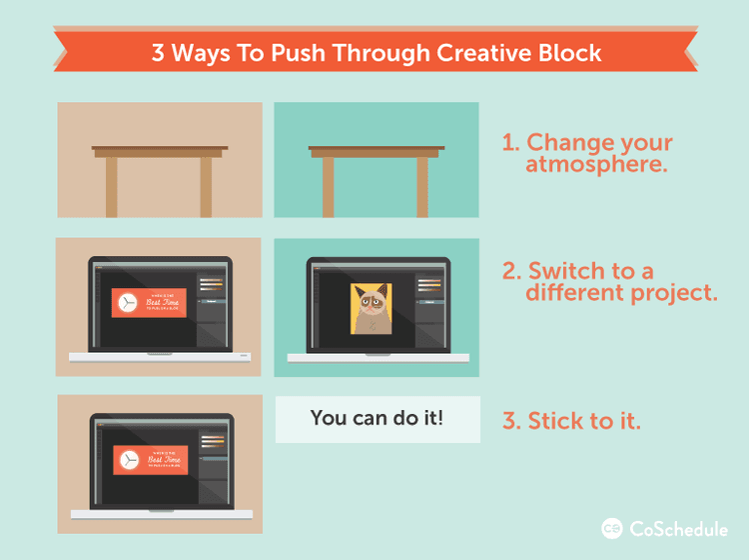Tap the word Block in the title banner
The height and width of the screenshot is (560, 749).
pyautogui.click(x=567, y=52)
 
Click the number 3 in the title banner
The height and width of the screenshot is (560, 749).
pyautogui.click(x=158, y=52)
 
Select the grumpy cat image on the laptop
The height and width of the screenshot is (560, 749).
pyautogui.click(x=371, y=308)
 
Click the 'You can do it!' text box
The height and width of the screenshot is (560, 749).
pyautogui.click(x=376, y=418)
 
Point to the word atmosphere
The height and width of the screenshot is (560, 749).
pyautogui.click(x=596, y=164)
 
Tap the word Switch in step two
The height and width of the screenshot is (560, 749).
pyautogui.click(x=565, y=271)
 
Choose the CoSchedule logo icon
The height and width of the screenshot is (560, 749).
pyautogui.click(x=612, y=528)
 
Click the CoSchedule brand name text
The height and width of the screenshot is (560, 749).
pyautogui.click(x=677, y=528)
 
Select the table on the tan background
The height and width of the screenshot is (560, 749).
pyautogui.click(x=160, y=175)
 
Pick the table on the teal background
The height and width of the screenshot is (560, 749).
pyautogui.click(x=375, y=175)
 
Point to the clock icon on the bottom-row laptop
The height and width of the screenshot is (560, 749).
pyautogui.click(x=129, y=459)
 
